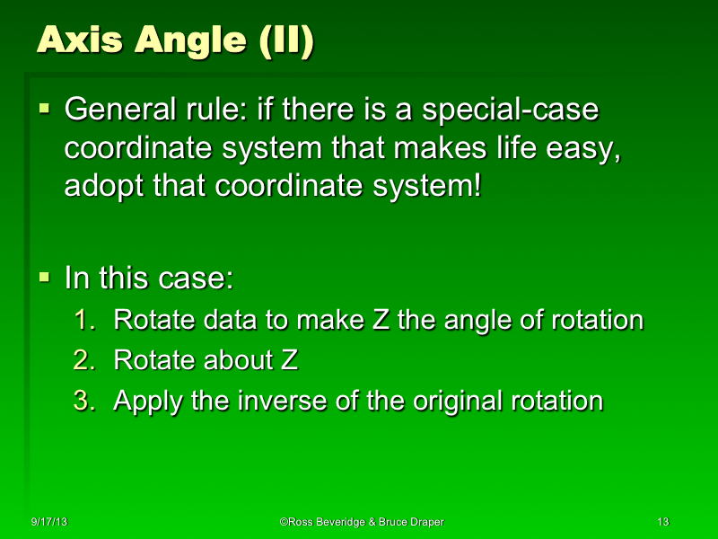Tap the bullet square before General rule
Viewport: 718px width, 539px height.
point(44,110)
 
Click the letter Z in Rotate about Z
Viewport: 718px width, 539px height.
point(289,360)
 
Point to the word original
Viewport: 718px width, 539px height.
point(457,400)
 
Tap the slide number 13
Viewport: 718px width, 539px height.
point(664,522)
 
